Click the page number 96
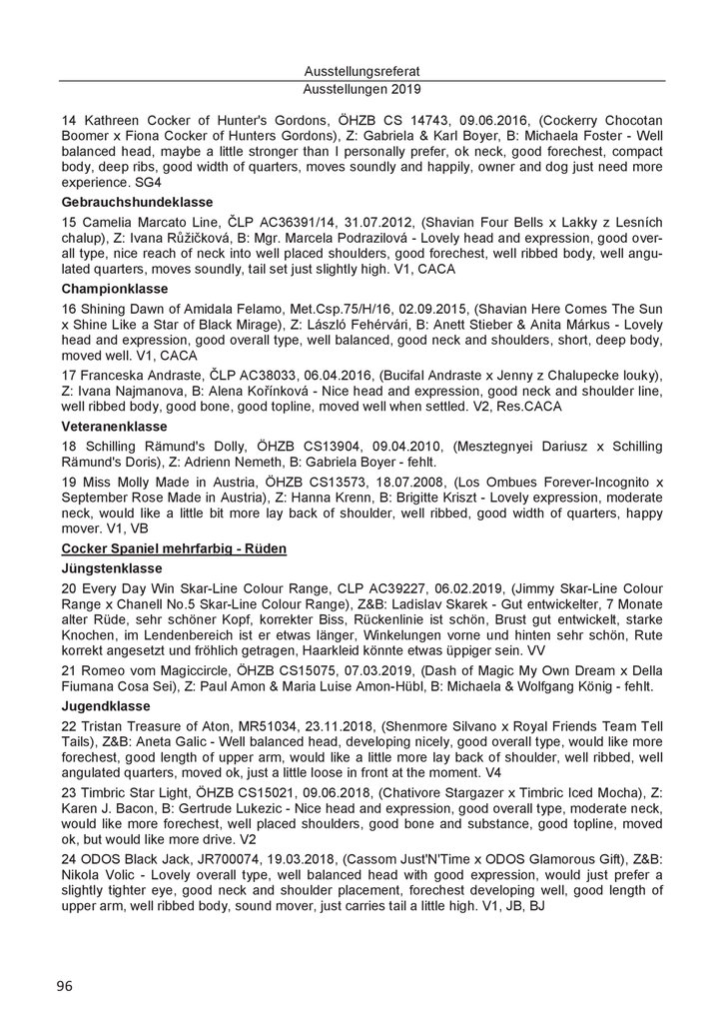[65, 985]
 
